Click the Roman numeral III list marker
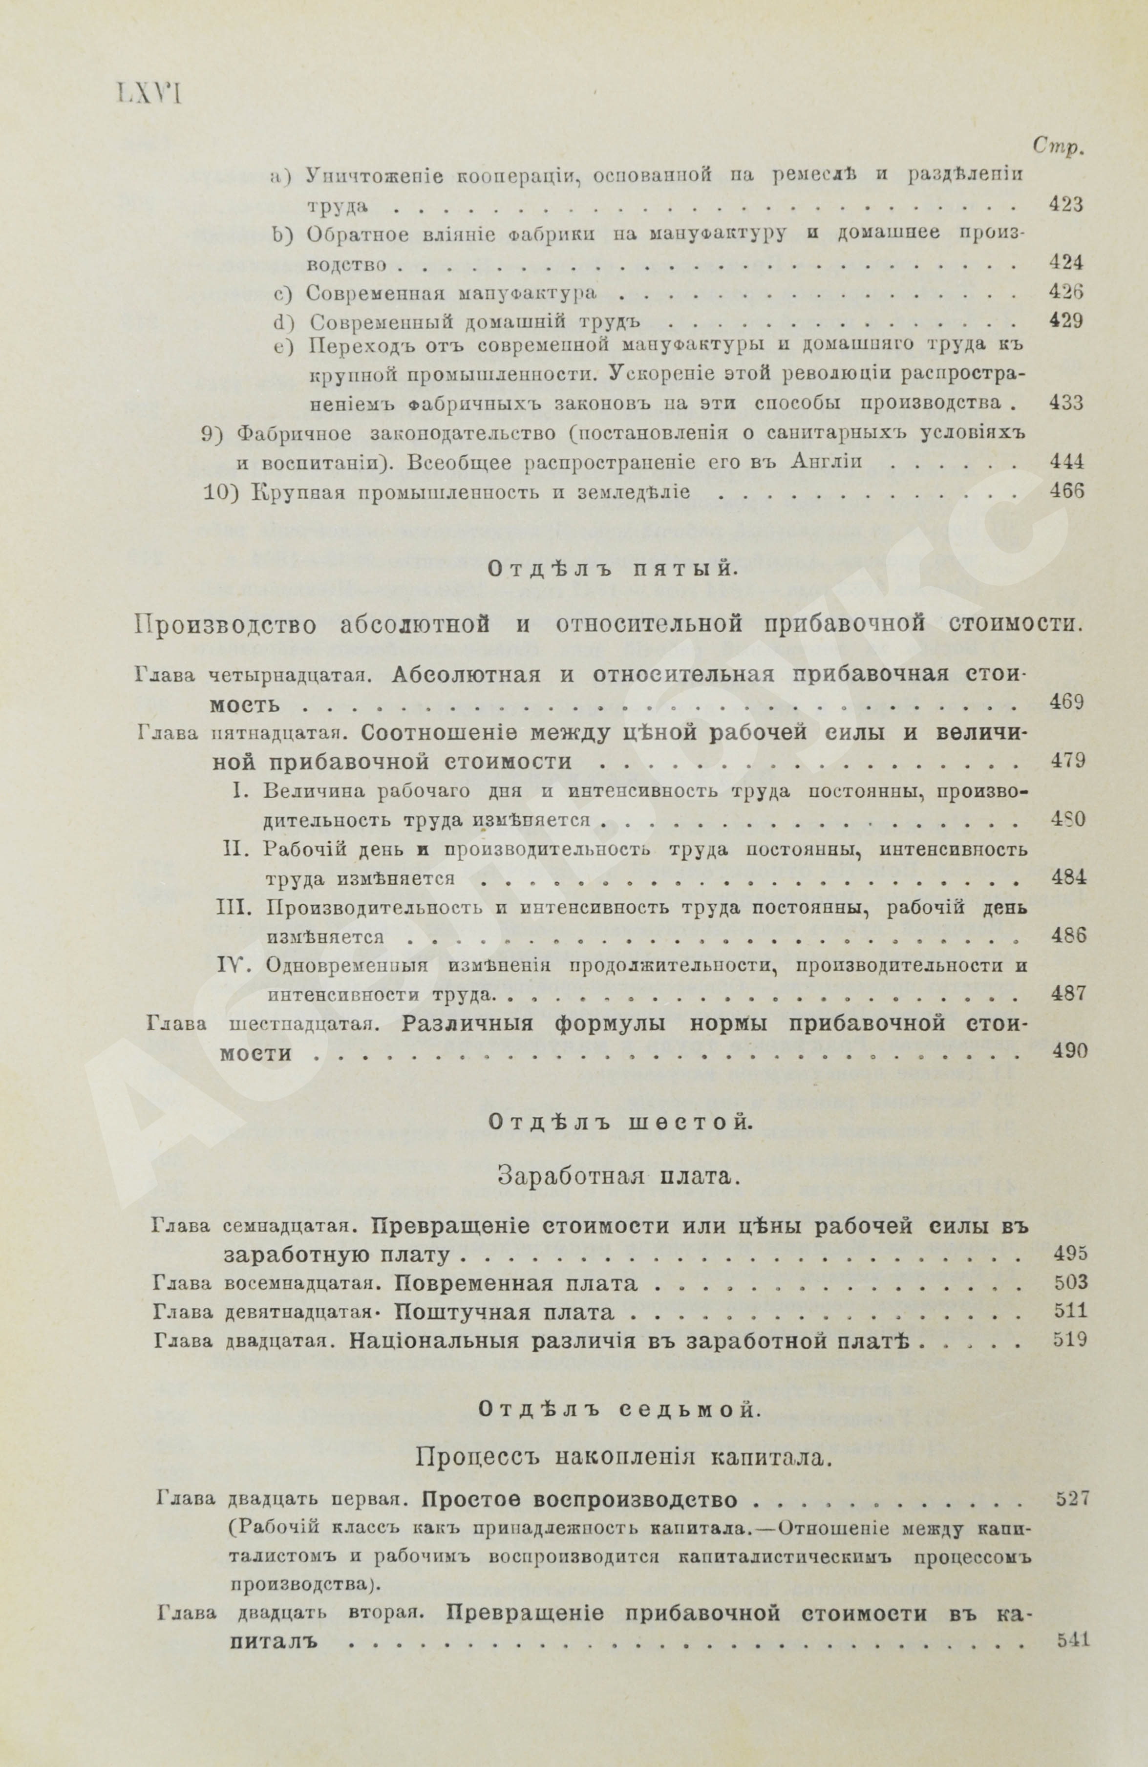click(x=237, y=907)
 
